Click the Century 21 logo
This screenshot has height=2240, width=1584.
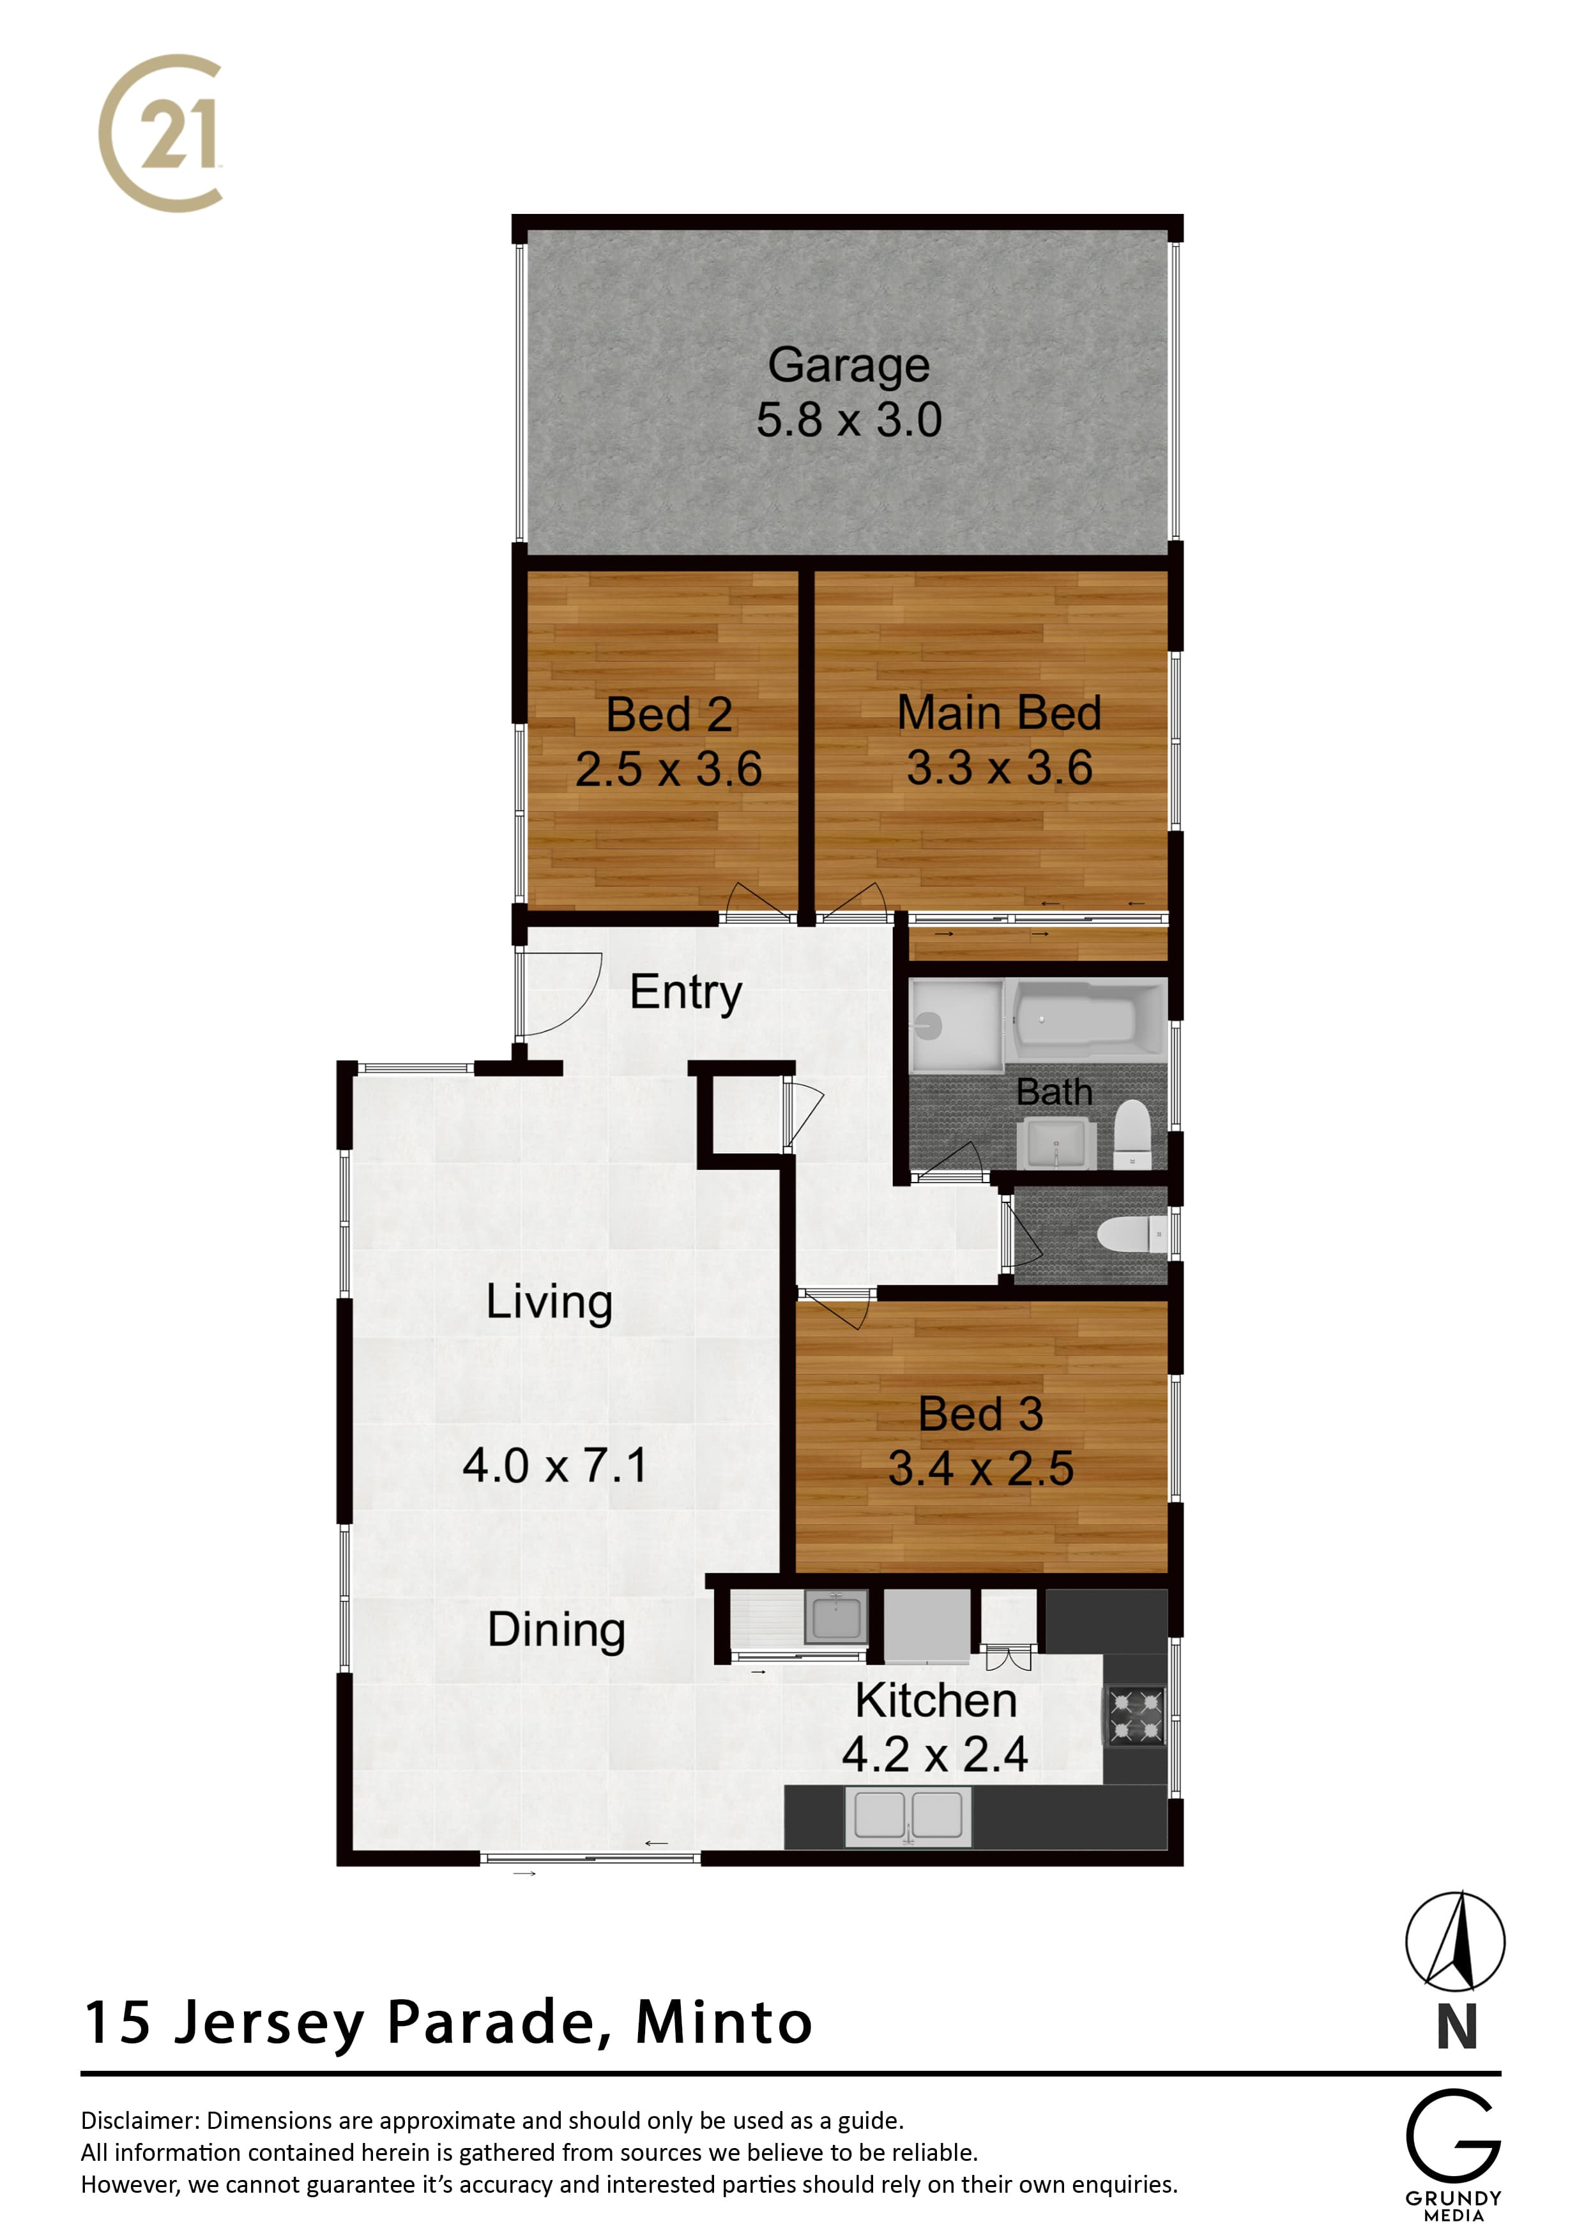[161, 133]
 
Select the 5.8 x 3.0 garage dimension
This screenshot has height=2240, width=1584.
[848, 420]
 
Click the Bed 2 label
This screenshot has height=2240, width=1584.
[669, 714]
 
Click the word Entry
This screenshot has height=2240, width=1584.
[685, 993]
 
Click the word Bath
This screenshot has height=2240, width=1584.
[1054, 1092]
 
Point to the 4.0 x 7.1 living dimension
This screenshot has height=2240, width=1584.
[554, 1465]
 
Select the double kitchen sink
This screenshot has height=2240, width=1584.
[908, 1817]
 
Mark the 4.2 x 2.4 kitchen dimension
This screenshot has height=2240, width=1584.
[935, 1754]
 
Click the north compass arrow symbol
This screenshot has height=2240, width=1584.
[1454, 1941]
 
